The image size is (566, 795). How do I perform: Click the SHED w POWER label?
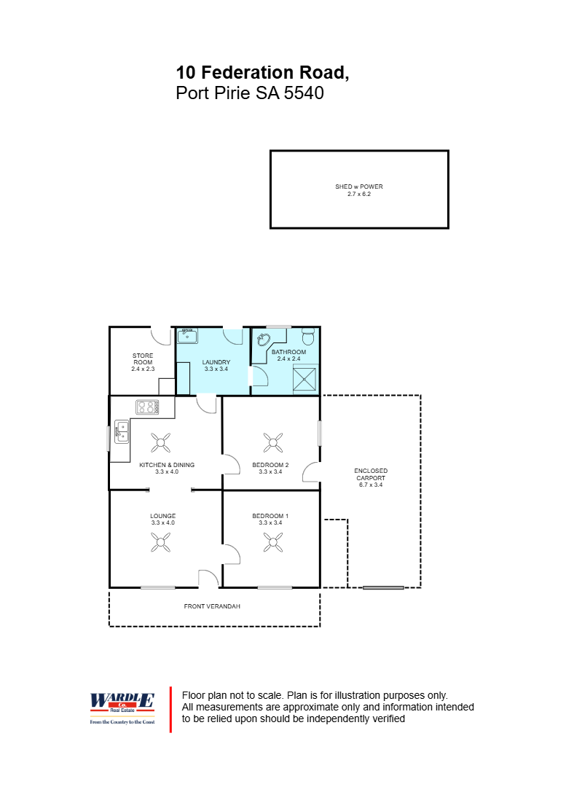coord(358,187)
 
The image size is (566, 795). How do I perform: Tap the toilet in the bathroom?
coord(308,335)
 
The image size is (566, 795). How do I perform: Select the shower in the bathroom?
coord(304,379)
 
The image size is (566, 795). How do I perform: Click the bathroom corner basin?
coord(264,339)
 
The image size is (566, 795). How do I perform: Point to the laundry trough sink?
coord(187,336)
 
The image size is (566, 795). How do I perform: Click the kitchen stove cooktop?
coord(147,407)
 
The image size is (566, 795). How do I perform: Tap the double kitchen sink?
coord(122,432)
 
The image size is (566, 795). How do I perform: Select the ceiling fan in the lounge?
coord(161,542)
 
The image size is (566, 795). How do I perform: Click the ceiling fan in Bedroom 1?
coord(273,542)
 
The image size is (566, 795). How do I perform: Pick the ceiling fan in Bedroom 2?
coord(273,442)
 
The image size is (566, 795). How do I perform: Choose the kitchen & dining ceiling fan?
coord(161,442)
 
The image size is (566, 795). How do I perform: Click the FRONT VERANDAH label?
coord(212,606)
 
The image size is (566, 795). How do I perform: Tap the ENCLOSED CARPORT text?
coord(371,474)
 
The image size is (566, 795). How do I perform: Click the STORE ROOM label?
coord(143,359)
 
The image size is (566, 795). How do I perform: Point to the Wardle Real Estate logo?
coord(122,708)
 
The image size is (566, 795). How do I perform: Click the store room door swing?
coord(161,336)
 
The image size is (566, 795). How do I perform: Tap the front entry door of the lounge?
coord(208,579)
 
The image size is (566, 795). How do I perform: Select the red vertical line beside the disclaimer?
coord(170,710)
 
